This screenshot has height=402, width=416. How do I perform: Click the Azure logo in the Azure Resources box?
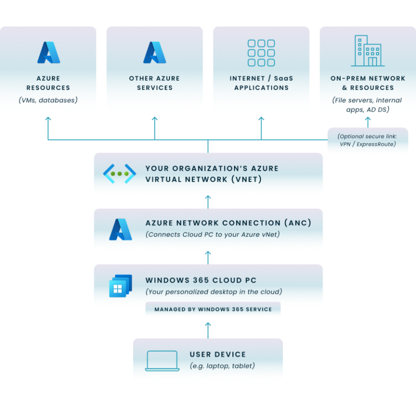coord(48,53)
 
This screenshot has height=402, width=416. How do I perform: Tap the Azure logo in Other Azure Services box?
coord(154,53)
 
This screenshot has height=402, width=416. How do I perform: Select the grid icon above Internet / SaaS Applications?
coord(261,53)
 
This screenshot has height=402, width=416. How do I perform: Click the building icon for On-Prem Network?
coord(367,51)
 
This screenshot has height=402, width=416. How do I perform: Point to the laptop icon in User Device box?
coord(161,361)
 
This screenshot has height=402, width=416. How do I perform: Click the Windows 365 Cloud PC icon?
coord(120,286)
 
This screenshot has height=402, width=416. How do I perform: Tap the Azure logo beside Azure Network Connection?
coord(120,230)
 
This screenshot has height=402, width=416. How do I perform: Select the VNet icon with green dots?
coord(120,173)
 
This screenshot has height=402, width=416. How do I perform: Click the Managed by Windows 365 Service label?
coord(212,310)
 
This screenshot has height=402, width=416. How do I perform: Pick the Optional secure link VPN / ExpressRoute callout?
coord(367,140)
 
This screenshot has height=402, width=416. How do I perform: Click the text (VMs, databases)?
coord(48,100)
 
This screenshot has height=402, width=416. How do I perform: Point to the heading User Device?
coord(218,354)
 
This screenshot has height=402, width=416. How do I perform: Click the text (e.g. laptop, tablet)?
coord(222,366)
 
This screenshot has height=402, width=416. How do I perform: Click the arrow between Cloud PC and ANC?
coord(208,257)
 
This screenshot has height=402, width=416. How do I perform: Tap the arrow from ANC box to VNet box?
coord(208,202)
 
